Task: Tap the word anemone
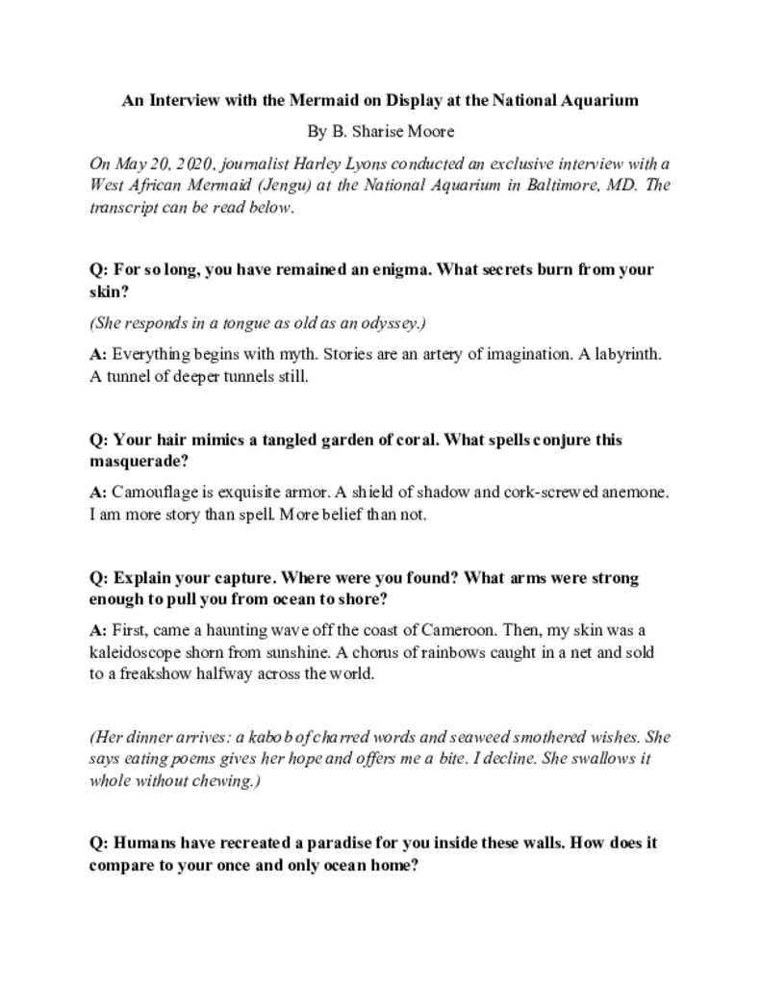point(634,492)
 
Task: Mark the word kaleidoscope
point(136,653)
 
